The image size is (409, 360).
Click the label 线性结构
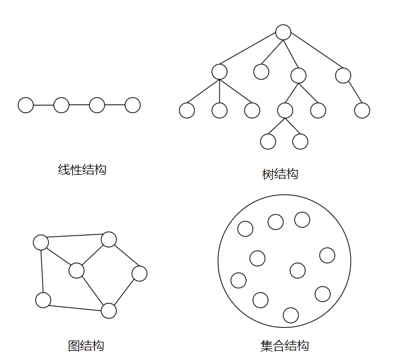(82, 170)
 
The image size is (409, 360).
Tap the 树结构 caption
(280, 174)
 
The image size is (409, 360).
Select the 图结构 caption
(86, 346)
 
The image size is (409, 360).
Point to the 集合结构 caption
(285, 346)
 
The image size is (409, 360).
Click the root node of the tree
(283, 32)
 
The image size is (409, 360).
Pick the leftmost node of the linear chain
(25, 105)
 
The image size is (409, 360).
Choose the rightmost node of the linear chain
(132, 105)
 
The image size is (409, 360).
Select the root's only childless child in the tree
(261, 72)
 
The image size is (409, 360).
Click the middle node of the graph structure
(76, 270)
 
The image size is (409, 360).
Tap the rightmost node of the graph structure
(140, 274)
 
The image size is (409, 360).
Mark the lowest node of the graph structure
(109, 311)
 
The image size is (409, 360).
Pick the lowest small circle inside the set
(291, 315)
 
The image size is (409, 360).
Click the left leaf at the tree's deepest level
(268, 141)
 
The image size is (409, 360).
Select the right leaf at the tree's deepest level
(300, 141)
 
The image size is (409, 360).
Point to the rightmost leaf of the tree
(362, 110)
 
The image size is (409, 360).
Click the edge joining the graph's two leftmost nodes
(42, 271)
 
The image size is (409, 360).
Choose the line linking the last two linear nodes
(115, 105)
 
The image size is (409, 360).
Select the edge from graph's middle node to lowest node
(93, 291)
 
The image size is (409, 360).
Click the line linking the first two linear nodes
(43, 105)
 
